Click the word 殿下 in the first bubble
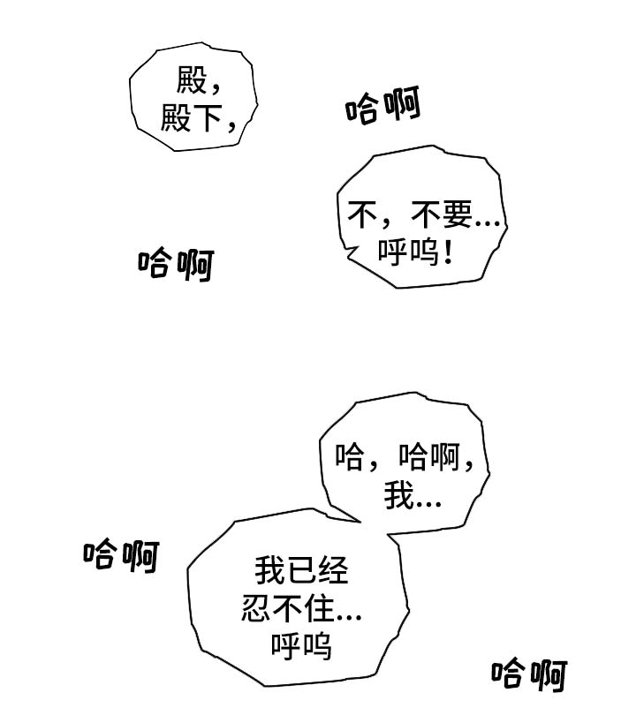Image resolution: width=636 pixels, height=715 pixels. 189,118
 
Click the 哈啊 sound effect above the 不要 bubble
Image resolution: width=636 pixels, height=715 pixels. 382,108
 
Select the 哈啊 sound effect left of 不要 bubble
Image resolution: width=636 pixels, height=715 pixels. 176,263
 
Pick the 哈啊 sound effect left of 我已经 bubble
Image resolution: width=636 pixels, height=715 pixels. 122,555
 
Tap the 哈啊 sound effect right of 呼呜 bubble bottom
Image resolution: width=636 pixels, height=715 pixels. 530,674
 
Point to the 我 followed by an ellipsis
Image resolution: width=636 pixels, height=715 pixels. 398,499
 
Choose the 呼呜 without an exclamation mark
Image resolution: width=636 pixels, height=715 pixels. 301,646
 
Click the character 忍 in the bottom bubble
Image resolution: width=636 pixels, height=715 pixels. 255,609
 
